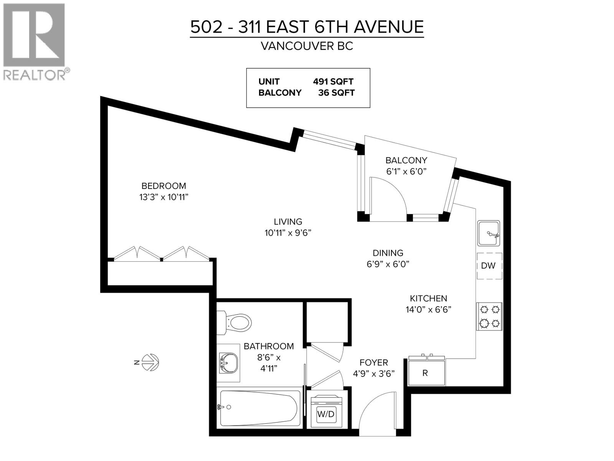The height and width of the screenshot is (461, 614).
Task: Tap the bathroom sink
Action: pyautogui.click(x=229, y=363)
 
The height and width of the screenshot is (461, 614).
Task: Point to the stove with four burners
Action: pyautogui.click(x=489, y=316)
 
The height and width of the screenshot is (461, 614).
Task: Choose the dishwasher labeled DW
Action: pyautogui.click(x=489, y=266)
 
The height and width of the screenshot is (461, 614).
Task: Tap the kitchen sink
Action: pyautogui.click(x=489, y=233)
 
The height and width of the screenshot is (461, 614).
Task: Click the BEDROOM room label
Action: pyautogui.click(x=164, y=186)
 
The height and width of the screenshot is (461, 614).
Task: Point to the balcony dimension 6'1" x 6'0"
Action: pyautogui.click(x=406, y=171)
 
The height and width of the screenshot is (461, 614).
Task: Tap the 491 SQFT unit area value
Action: pyautogui.click(x=333, y=81)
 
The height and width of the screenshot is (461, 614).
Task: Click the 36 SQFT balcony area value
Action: pyautogui.click(x=336, y=93)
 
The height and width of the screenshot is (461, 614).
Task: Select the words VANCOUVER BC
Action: pyautogui.click(x=307, y=46)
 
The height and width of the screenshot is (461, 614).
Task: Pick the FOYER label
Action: pyautogui.click(x=373, y=362)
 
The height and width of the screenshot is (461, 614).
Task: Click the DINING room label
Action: pyautogui.click(x=388, y=253)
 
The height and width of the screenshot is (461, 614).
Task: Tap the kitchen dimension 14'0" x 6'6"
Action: pyautogui.click(x=428, y=310)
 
